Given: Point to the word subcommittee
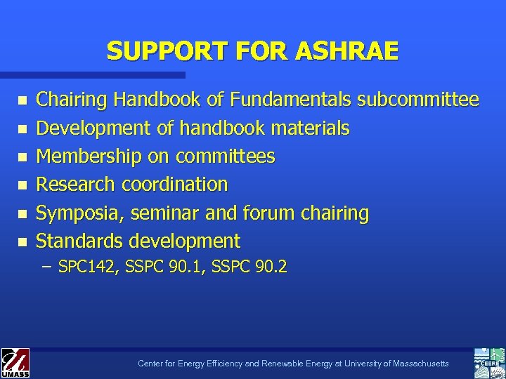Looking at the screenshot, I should click(x=418, y=100).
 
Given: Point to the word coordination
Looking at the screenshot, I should click(x=175, y=185).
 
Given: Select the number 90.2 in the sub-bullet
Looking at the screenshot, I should click(x=273, y=267).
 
